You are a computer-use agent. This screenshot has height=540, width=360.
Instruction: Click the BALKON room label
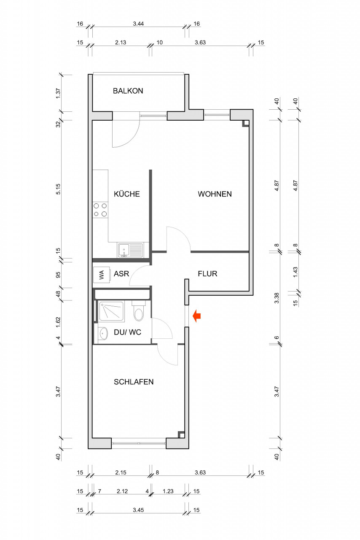pos(128,91)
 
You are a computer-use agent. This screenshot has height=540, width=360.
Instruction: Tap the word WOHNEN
pos(215,194)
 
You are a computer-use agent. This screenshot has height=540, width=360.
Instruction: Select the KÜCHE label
pos(127,194)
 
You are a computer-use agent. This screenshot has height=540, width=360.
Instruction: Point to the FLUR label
pos(207,274)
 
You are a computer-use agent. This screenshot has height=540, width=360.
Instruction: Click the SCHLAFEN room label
pos(134,382)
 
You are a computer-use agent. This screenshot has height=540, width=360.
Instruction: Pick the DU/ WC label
pos(127,332)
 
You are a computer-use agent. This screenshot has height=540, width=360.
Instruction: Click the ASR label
pos(121,274)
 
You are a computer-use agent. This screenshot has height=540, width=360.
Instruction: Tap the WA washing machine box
pos(102,275)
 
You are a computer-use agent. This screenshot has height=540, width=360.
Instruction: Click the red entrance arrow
pos(197,316)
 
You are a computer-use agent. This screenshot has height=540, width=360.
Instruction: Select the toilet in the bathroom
pos(139,311)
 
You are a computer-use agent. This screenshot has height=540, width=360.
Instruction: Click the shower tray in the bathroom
pos(112,311)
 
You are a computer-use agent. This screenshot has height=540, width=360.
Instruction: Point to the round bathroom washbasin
pos(104,333)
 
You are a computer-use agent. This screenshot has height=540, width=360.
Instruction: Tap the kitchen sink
pos(130,250)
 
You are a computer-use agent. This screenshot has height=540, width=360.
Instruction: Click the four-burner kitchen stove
pos(100,210)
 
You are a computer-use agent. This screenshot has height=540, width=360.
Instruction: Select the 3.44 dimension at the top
pos(138,24)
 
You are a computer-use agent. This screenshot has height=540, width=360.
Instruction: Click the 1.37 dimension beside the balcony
pos(58,93)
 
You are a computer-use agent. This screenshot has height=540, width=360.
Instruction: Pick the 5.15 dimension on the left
pos(58,189)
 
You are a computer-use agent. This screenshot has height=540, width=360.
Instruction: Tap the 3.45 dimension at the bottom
pos(138,510)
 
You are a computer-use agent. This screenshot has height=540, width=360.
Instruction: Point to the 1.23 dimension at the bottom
pos(168,491)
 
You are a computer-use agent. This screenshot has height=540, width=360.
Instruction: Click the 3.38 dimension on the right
pos(277,298)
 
